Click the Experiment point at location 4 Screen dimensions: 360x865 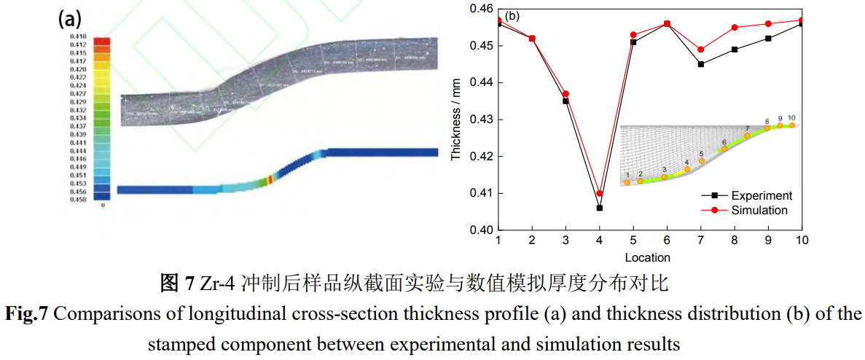[599, 208]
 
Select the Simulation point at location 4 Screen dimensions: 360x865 [599, 194]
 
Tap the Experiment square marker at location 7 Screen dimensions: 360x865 [700, 64]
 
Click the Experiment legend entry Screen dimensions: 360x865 [761, 195]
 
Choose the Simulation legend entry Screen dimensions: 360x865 [759, 210]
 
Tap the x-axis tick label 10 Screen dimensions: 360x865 [801, 241]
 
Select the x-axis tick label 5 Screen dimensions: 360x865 [633, 241]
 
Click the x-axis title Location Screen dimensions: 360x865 [647, 257]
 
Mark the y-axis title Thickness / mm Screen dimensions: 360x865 [457, 120]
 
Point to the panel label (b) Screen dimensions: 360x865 [512, 16]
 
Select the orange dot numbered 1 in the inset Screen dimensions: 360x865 [627, 183]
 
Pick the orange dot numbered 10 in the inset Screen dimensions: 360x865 [792, 125]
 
